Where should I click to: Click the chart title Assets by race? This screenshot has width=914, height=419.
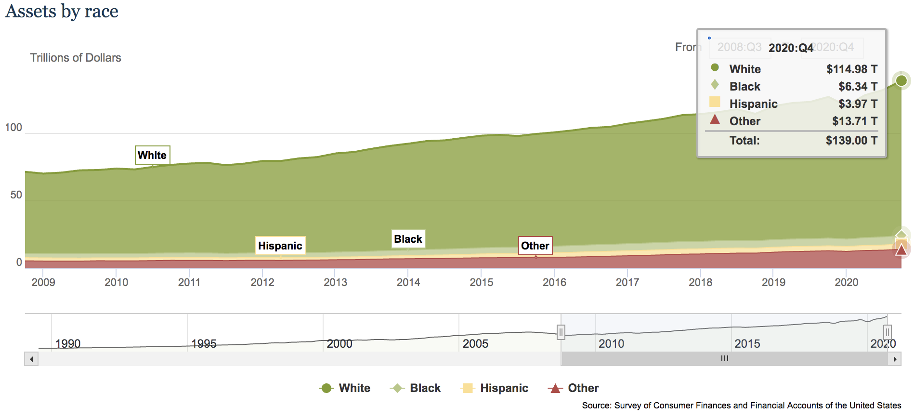[62, 12]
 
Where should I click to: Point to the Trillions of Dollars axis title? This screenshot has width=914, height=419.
[76, 58]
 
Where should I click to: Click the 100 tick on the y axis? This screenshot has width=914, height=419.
[13, 128]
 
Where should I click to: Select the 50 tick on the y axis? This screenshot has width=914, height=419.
[16, 195]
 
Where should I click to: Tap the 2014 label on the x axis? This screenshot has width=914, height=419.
[408, 283]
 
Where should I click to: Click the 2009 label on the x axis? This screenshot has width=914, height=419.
[43, 283]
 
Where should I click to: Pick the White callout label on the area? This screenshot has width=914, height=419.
[152, 155]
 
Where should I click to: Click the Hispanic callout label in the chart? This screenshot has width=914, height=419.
[280, 246]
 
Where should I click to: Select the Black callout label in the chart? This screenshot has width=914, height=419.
[408, 239]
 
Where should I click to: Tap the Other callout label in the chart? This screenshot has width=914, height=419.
[535, 246]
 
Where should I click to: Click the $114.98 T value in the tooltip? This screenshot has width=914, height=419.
[851, 69]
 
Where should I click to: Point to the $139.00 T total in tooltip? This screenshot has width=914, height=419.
[851, 141]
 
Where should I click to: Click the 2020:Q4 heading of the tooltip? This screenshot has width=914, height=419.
[791, 48]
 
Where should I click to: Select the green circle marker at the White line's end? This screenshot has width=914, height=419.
[901, 80]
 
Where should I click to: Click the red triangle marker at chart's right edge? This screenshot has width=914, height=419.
[901, 249]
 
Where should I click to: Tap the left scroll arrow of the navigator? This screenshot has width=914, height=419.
[31, 359]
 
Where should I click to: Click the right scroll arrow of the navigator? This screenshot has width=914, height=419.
[895, 359]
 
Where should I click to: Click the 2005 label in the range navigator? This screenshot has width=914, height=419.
[475, 344]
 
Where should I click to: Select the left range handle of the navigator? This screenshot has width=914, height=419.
[561, 332]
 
